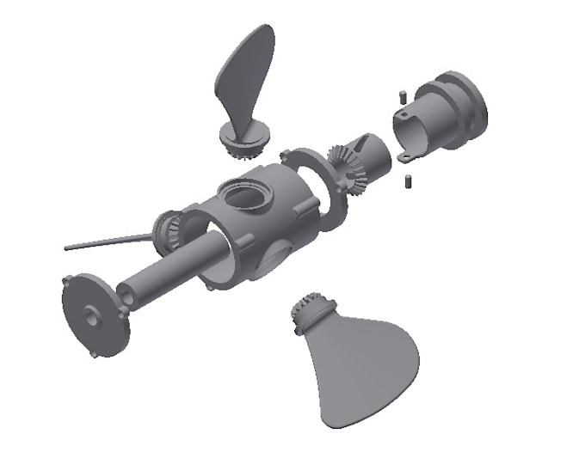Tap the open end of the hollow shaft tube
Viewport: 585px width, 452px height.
click(x=128, y=295)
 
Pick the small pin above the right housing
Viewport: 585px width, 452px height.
click(x=401, y=95)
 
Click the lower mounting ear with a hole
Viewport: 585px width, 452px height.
click(x=405, y=155)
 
